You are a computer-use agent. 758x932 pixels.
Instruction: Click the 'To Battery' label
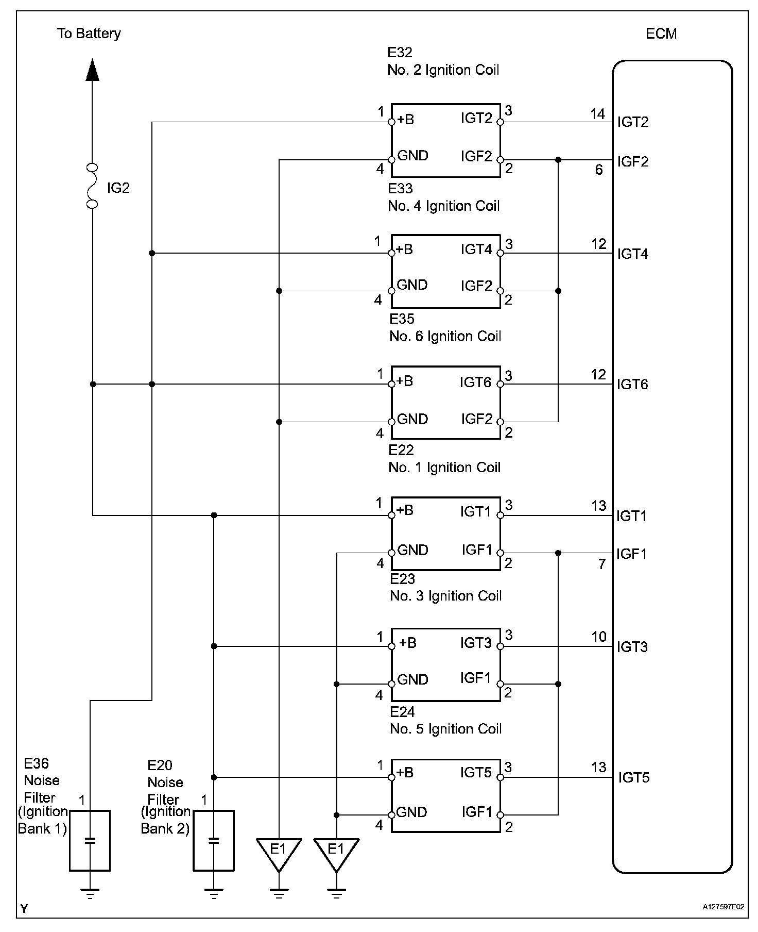[x=89, y=34]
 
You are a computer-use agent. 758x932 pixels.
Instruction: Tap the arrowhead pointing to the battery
[x=92, y=70]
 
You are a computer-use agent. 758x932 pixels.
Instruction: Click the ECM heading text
[x=661, y=34]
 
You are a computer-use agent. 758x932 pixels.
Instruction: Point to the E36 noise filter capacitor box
[x=90, y=841]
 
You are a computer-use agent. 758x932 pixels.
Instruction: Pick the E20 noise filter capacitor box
[x=214, y=841]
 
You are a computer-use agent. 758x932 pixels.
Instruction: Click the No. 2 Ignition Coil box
[x=446, y=140]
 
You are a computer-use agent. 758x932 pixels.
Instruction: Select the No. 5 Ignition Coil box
[x=446, y=795]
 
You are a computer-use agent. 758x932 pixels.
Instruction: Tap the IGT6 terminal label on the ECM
[x=632, y=385]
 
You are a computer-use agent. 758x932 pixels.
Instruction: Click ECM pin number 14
[x=597, y=114]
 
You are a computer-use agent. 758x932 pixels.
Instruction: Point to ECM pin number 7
[x=601, y=564]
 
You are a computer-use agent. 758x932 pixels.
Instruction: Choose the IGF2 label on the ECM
[x=633, y=162]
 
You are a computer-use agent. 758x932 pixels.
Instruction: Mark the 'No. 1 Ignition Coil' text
[x=445, y=468]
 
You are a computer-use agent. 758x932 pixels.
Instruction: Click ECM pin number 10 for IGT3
[x=599, y=637]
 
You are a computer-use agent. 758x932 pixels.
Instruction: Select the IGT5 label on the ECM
[x=634, y=777]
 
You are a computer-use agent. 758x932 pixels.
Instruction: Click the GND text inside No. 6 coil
[x=412, y=419]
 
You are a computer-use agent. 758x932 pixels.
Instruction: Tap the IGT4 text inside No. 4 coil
[x=477, y=250]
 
